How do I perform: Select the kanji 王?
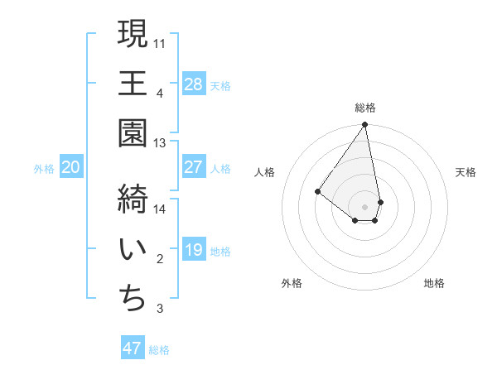point(133,84)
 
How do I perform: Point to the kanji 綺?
point(133,199)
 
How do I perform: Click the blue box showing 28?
point(193,84)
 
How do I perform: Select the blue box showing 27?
point(193,167)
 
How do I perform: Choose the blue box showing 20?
point(70,167)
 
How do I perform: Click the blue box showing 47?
point(133,348)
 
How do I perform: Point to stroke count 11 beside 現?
point(161,42)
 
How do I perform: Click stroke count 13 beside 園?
point(161,143)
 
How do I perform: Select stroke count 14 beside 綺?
point(161,209)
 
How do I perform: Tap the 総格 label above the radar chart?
point(365,108)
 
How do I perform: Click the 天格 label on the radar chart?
point(466,172)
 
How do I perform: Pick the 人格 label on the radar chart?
point(265,172)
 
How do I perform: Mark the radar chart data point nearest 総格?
point(364,125)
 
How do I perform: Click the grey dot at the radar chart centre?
point(364,205)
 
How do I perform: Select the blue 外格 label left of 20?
point(44,168)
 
